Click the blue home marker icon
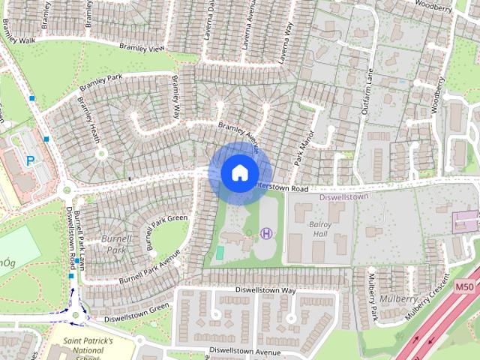[x=238, y=173]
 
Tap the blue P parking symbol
[x=31, y=160]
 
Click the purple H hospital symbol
[x=266, y=234]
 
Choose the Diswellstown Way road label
[x=265, y=289]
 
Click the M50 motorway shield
[x=465, y=286]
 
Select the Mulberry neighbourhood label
[x=399, y=298]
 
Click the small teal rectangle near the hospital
[x=219, y=253]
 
